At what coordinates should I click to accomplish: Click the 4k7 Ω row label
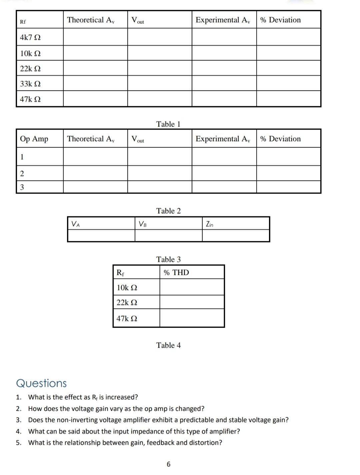[30, 37]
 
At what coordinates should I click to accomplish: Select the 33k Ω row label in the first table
[30, 84]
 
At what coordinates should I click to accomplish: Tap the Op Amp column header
[34, 139]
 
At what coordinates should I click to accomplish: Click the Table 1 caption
[168, 124]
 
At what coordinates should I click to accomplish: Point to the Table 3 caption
[168, 259]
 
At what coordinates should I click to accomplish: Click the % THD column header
[176, 273]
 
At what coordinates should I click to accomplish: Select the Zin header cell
[210, 224]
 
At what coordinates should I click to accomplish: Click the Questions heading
[41, 383]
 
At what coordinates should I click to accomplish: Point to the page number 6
[168, 464]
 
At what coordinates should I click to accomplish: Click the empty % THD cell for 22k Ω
[192, 302]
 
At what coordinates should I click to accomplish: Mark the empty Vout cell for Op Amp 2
[160, 173]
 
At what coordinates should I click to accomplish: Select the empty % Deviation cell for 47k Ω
[289, 99]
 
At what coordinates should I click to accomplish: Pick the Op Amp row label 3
[22, 187]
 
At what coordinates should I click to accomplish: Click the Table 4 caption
[168, 345]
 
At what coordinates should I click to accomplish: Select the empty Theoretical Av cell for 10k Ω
[95, 53]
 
